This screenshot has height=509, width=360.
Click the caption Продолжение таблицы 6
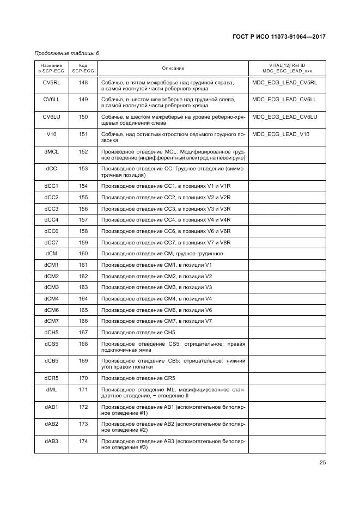pyautogui.click(x=67, y=53)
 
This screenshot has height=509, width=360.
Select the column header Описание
pyautogui.click(x=173, y=68)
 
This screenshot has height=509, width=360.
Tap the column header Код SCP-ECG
pyautogui.click(x=83, y=68)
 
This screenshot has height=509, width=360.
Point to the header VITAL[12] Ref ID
pyautogui.click(x=286, y=65)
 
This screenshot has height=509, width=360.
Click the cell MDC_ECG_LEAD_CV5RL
pyautogui.click(x=285, y=83)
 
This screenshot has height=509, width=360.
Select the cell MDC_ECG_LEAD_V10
pyautogui.click(x=281, y=134)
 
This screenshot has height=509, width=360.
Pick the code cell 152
pyautogui.click(x=83, y=151)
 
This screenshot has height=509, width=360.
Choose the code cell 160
pyautogui.click(x=83, y=253)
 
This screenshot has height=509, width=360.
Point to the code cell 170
pyautogui.click(x=83, y=378)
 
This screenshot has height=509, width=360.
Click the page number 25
pyautogui.click(x=322, y=463)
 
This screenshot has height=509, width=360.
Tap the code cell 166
pyautogui.click(x=83, y=321)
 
